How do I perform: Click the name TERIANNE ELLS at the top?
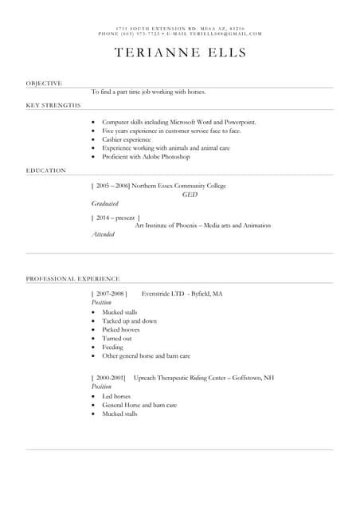pyautogui.click(x=180, y=53)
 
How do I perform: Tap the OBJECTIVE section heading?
pyautogui.click(x=44, y=83)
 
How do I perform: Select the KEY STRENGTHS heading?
pyautogui.click(x=53, y=105)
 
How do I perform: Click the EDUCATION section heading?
pyautogui.click(x=45, y=171)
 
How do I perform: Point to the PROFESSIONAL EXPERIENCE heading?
pyautogui.click(x=72, y=279)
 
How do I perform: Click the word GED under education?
pyautogui.click(x=190, y=194)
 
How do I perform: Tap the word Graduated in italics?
pyautogui.click(x=104, y=204)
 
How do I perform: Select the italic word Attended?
pyautogui.click(x=103, y=234)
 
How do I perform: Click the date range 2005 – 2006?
pyautogui.click(x=112, y=186)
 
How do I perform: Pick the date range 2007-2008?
pyautogui.click(x=110, y=294)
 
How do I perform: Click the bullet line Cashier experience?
pyautogui.click(x=126, y=139)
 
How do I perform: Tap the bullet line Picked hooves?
pyautogui.click(x=120, y=330)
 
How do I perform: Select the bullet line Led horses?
pyautogui.click(x=116, y=396)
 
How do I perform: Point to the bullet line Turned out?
pyautogui.click(x=117, y=339)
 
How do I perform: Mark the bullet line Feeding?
pyautogui.click(x=113, y=347)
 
